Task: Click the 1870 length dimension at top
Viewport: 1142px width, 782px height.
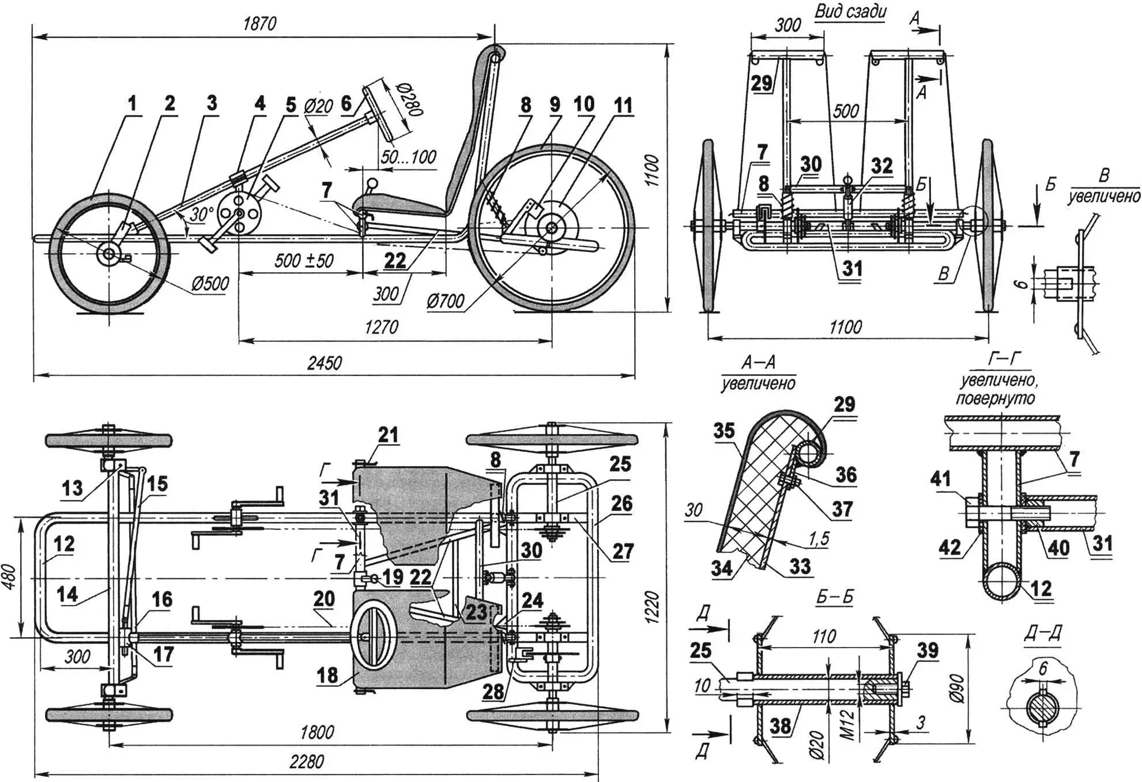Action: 259,24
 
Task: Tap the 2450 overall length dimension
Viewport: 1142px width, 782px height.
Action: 324,363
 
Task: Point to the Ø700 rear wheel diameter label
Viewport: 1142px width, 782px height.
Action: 445,300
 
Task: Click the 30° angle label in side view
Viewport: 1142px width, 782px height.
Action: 201,215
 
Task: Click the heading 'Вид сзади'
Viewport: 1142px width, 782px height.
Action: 850,12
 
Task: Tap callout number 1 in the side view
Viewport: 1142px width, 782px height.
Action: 132,104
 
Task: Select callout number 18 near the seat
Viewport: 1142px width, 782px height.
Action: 327,675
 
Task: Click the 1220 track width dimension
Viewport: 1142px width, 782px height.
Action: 651,606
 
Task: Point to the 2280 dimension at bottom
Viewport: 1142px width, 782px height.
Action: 306,762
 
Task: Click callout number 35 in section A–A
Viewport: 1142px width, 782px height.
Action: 724,430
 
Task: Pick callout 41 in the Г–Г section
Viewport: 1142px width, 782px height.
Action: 940,478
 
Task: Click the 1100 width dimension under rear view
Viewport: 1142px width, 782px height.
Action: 845,328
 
